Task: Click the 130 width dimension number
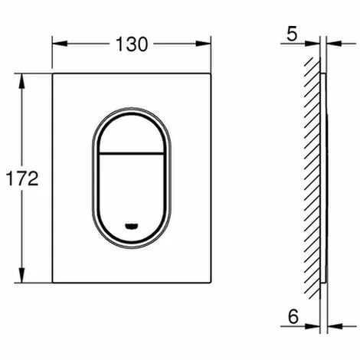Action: pos(132,44)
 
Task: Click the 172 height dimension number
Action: pos(22,178)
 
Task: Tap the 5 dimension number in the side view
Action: pos(292,34)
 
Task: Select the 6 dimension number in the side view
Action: pos(293,316)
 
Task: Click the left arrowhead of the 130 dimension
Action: pos(60,44)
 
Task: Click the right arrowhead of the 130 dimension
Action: pos(204,44)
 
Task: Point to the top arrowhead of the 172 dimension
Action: pos(22,81)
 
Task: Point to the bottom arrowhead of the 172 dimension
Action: pos(22,275)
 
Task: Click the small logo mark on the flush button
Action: pos(131,226)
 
